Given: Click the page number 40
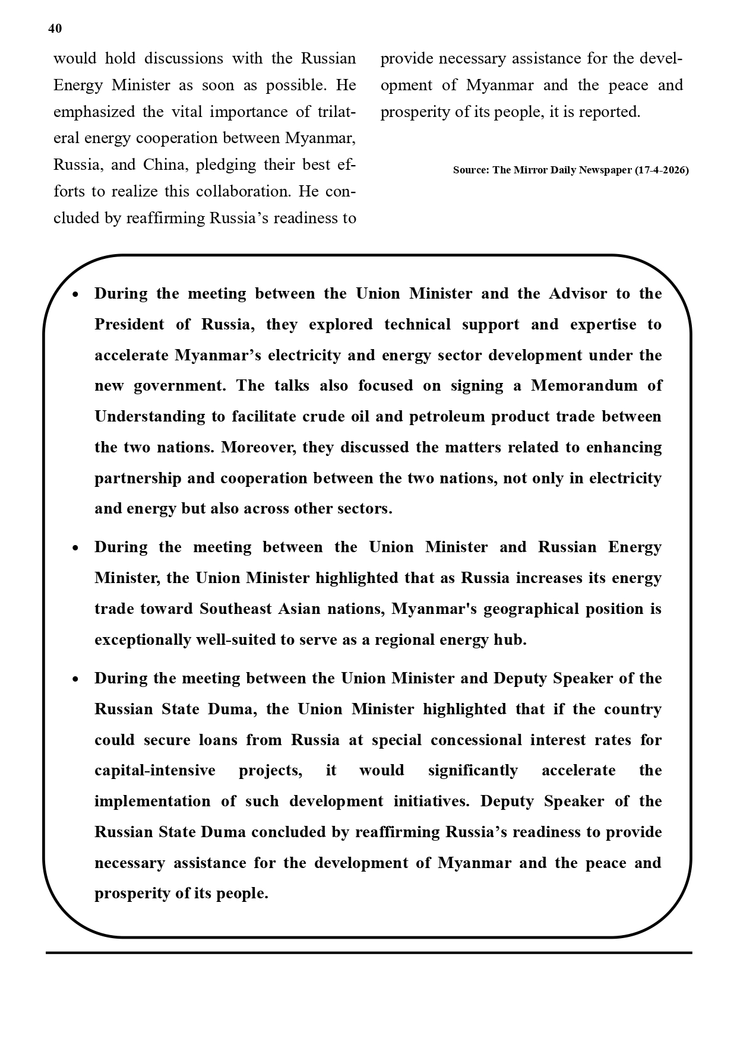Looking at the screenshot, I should pos(55,28).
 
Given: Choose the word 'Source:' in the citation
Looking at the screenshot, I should pos(471,170).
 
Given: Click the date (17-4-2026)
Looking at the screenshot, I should pos(662,170).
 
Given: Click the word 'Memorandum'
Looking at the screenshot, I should pos(585,386).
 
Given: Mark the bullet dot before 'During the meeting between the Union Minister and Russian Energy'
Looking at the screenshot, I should pos(75,548).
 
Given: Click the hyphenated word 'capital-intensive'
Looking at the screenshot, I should pos(155,771).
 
